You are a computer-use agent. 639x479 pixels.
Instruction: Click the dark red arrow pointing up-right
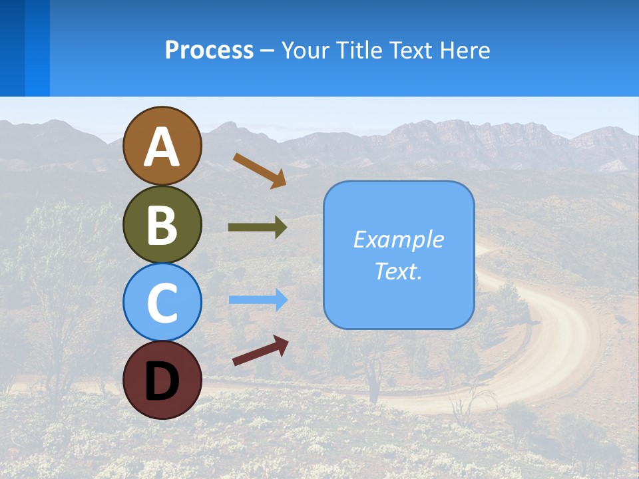[x=260, y=351]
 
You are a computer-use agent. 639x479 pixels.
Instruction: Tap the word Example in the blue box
[x=398, y=239]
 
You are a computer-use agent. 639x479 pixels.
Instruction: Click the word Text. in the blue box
[x=398, y=271]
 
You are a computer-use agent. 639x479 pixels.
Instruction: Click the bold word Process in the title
[x=209, y=50]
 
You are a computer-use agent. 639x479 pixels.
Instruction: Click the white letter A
[x=162, y=148]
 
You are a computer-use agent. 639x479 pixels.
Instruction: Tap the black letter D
[x=162, y=381]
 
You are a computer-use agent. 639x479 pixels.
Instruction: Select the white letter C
[x=162, y=303]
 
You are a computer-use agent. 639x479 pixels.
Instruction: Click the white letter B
[x=162, y=225]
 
